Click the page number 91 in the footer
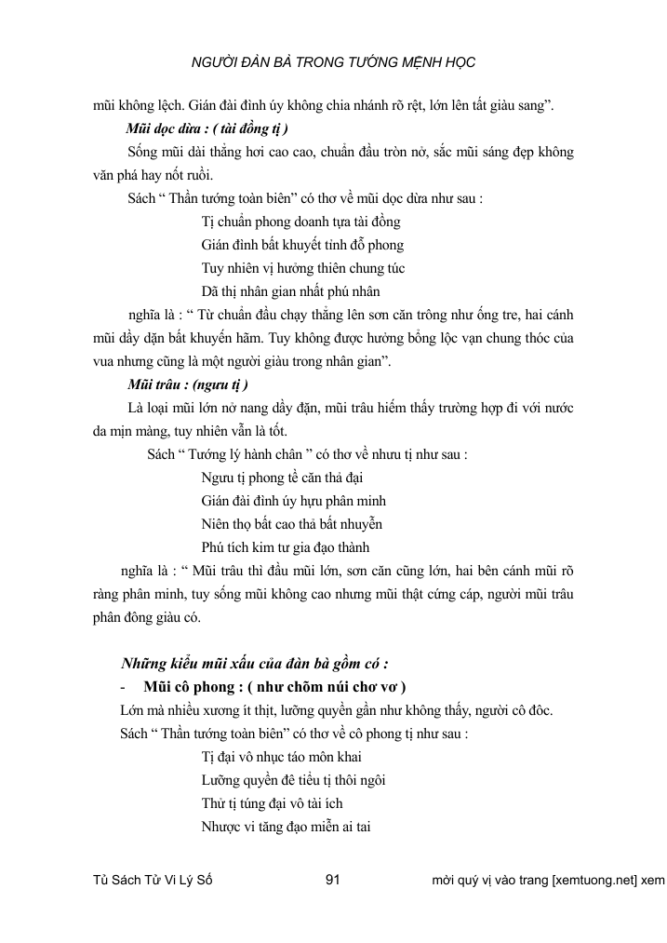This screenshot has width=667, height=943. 338,880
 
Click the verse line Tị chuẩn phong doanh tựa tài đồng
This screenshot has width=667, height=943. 300,222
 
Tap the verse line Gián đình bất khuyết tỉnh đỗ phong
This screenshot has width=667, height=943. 301,245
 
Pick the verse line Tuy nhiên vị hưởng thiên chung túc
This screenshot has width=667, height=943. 302,268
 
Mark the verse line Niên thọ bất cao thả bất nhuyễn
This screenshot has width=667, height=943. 291,524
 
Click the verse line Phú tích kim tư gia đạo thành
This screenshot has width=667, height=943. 291,547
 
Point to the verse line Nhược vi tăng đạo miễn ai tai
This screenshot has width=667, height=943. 286,825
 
